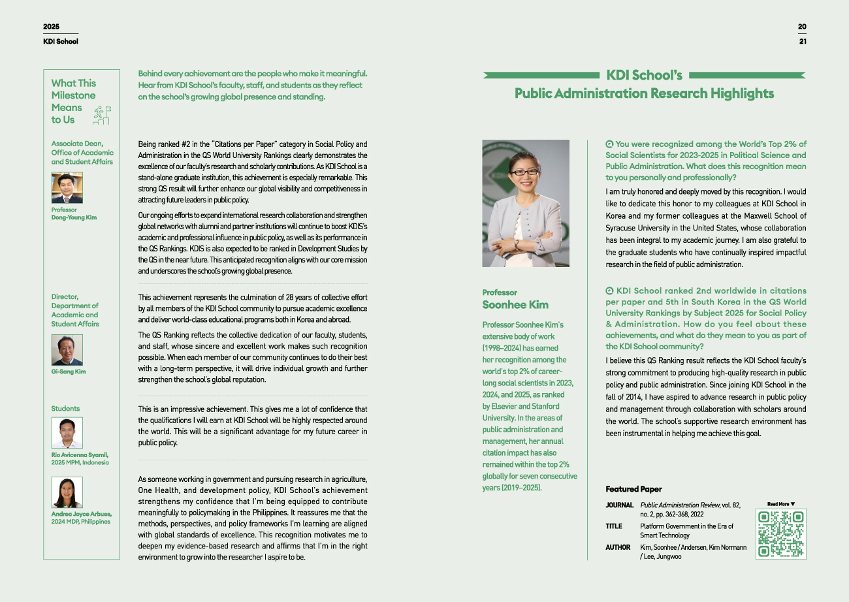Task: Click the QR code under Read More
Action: coord(780,533)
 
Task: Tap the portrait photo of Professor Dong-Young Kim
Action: coord(67,188)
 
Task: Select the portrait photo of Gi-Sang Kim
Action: coord(67,350)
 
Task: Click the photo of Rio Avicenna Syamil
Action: coord(67,433)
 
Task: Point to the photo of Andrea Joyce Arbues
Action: coord(67,492)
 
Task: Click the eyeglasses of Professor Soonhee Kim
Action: coord(524,172)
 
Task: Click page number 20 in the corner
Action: coord(802,27)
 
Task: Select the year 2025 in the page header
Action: coord(51,27)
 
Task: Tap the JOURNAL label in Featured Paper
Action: coord(619,505)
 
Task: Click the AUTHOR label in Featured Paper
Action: coord(618,547)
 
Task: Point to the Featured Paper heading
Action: coord(633,489)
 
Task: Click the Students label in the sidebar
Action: coord(65,409)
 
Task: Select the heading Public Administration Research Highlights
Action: coord(644,93)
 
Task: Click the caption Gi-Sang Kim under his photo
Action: coord(69,372)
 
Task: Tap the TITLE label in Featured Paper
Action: coord(614,526)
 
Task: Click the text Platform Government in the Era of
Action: coord(686,526)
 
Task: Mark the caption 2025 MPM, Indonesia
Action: coord(80,462)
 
